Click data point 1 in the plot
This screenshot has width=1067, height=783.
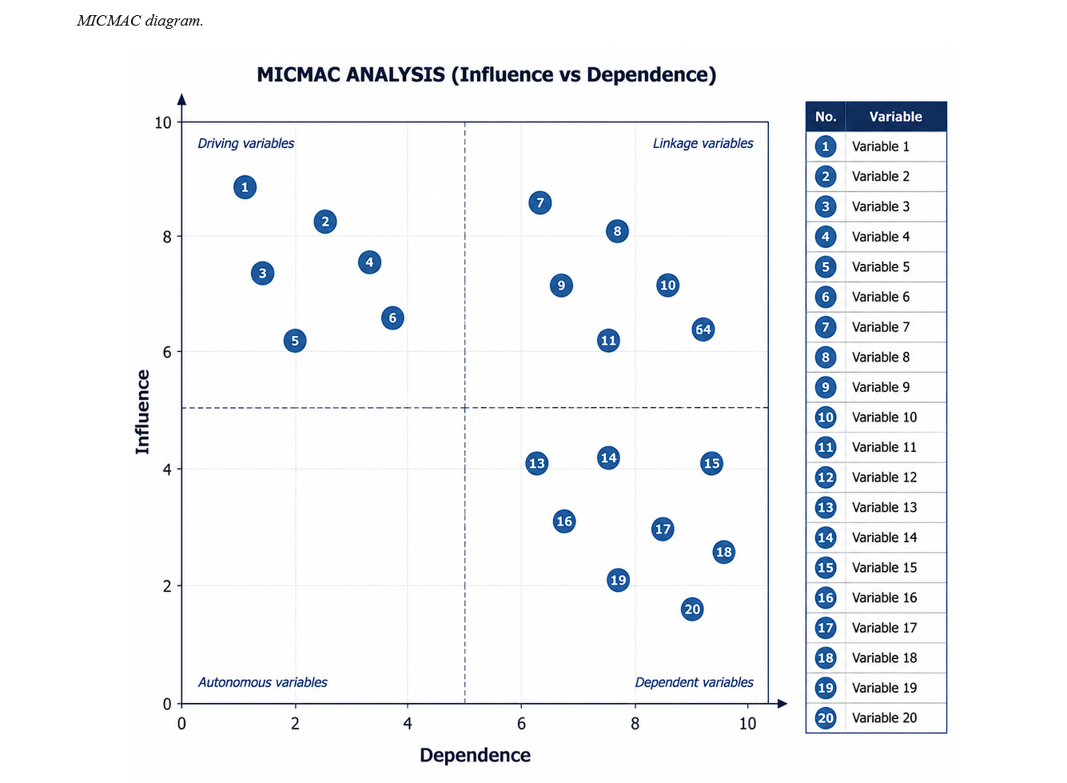click(x=245, y=187)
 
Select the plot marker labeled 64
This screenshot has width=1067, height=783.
click(x=703, y=330)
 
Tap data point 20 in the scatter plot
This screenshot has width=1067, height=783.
click(x=692, y=609)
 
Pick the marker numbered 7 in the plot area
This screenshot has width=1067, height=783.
click(x=540, y=203)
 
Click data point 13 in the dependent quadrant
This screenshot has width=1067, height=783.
click(x=537, y=463)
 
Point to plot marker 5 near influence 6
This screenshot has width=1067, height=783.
click(x=295, y=341)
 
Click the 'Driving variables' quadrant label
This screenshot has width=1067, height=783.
click(x=246, y=143)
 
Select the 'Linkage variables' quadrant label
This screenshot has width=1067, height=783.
click(x=703, y=143)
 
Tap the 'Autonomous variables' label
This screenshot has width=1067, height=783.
click(x=262, y=682)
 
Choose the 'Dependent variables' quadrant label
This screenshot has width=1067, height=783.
click(x=694, y=682)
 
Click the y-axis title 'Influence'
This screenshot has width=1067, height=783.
click(x=142, y=412)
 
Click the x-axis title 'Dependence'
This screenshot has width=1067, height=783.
click(x=475, y=755)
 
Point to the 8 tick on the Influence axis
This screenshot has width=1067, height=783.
click(x=167, y=237)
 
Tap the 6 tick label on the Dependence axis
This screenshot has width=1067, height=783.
click(x=521, y=724)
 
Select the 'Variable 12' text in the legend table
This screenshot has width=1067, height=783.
click(x=884, y=477)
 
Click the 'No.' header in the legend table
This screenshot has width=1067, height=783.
click(x=826, y=117)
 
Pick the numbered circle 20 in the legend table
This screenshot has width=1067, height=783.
click(x=826, y=718)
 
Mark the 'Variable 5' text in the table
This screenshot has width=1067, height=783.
click(x=881, y=267)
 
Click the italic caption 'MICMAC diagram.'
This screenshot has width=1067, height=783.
click(x=140, y=21)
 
